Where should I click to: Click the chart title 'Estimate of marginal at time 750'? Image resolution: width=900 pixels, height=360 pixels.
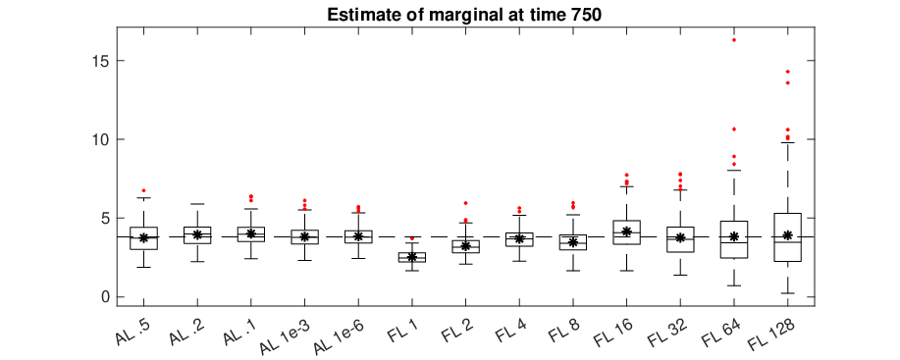click(x=464, y=15)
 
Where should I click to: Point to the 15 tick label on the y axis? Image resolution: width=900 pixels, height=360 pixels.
click(x=102, y=61)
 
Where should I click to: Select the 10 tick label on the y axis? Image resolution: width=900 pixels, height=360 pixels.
click(x=102, y=139)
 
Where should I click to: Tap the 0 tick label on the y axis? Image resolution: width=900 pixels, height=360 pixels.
click(x=106, y=297)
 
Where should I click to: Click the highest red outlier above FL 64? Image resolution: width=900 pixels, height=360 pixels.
click(x=733, y=40)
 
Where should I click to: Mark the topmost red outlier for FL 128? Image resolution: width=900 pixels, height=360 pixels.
click(x=788, y=72)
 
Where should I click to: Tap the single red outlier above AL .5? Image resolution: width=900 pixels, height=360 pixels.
click(x=143, y=190)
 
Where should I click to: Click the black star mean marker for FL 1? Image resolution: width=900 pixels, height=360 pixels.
click(x=411, y=257)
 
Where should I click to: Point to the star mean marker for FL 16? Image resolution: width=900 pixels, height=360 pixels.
click(x=626, y=231)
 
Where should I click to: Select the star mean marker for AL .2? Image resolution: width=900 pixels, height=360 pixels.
click(x=197, y=233)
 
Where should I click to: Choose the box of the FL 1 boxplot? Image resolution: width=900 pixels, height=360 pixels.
click(x=411, y=257)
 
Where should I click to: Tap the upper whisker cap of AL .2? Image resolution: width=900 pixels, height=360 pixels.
click(x=197, y=203)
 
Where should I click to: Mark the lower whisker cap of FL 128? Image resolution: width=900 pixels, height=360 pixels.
click(x=788, y=293)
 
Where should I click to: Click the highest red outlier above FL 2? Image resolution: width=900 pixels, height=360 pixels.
click(x=465, y=203)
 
